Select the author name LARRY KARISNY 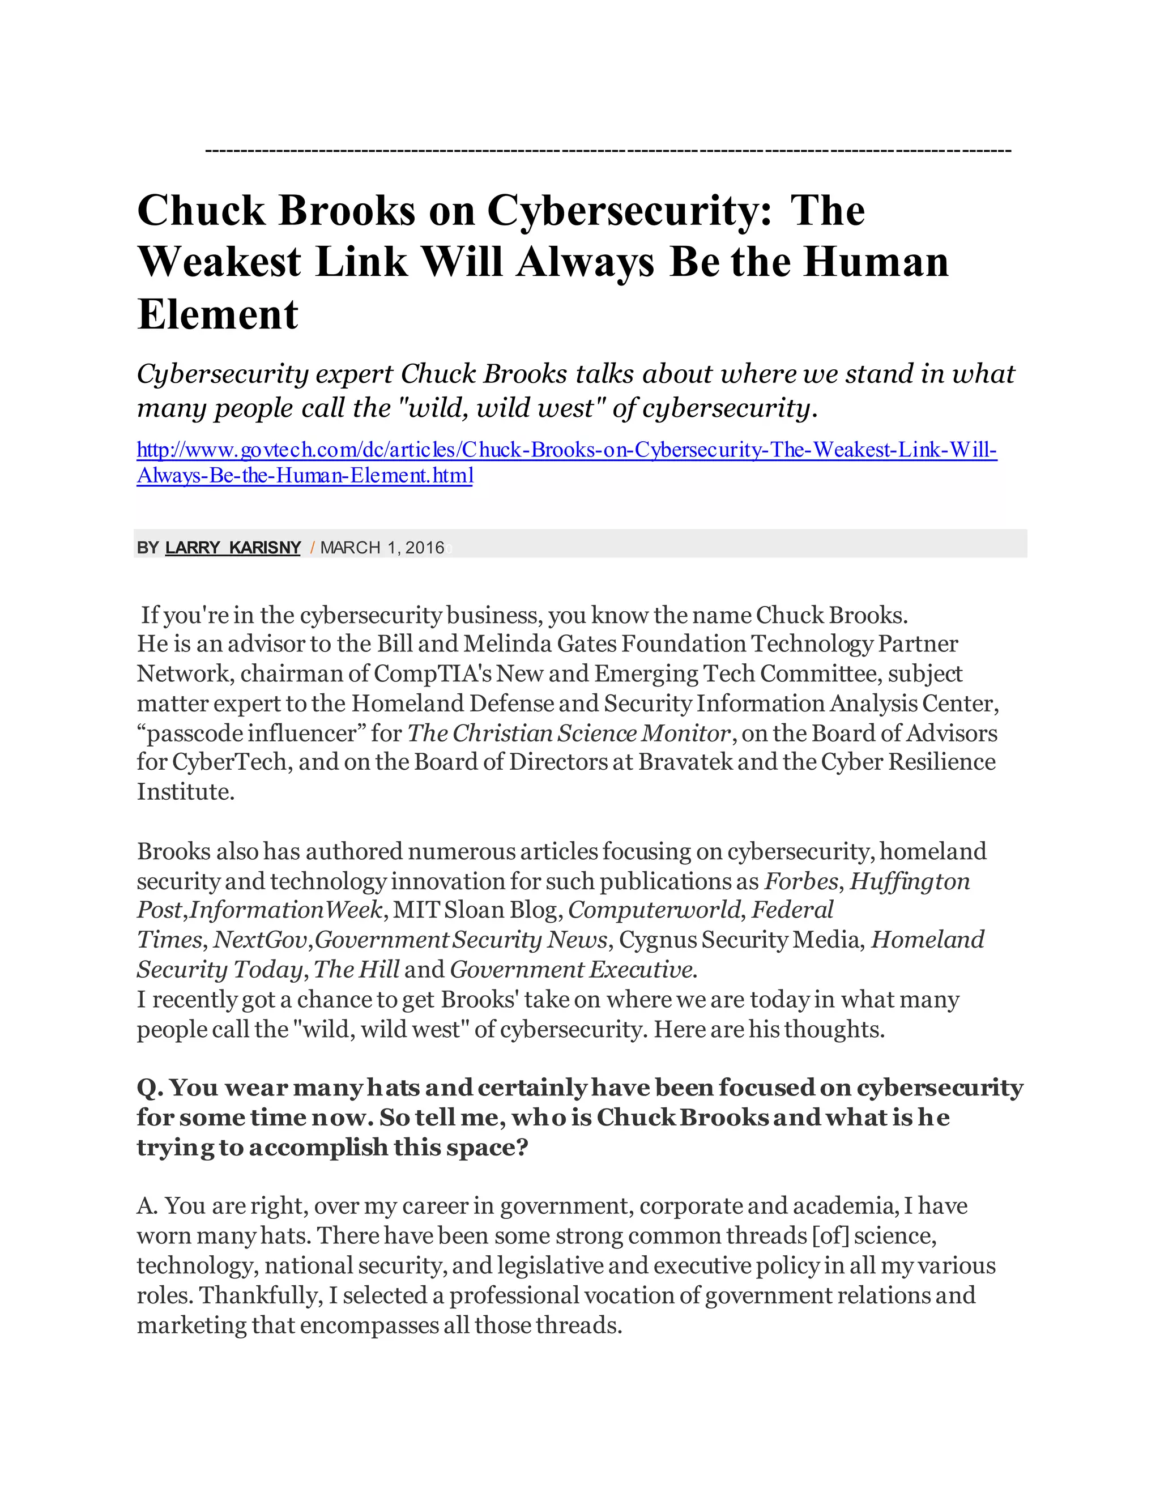tap(233, 548)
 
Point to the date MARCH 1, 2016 tap(382, 548)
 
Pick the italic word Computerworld tap(654, 910)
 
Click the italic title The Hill tap(356, 970)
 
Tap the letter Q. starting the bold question tap(149, 1088)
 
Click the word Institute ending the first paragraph tap(186, 792)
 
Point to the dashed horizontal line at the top tap(608, 150)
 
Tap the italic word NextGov tap(259, 940)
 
